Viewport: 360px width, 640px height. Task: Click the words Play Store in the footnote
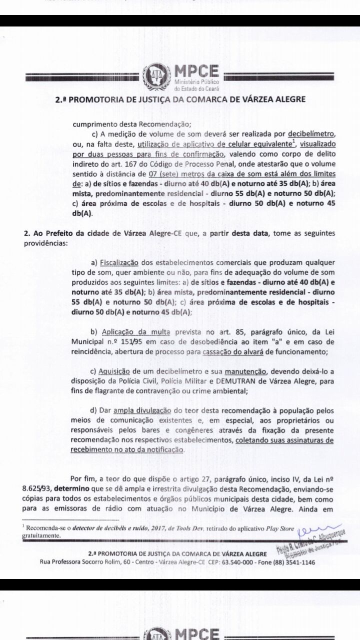point(271,528)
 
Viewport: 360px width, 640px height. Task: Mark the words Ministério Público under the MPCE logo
point(198,81)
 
